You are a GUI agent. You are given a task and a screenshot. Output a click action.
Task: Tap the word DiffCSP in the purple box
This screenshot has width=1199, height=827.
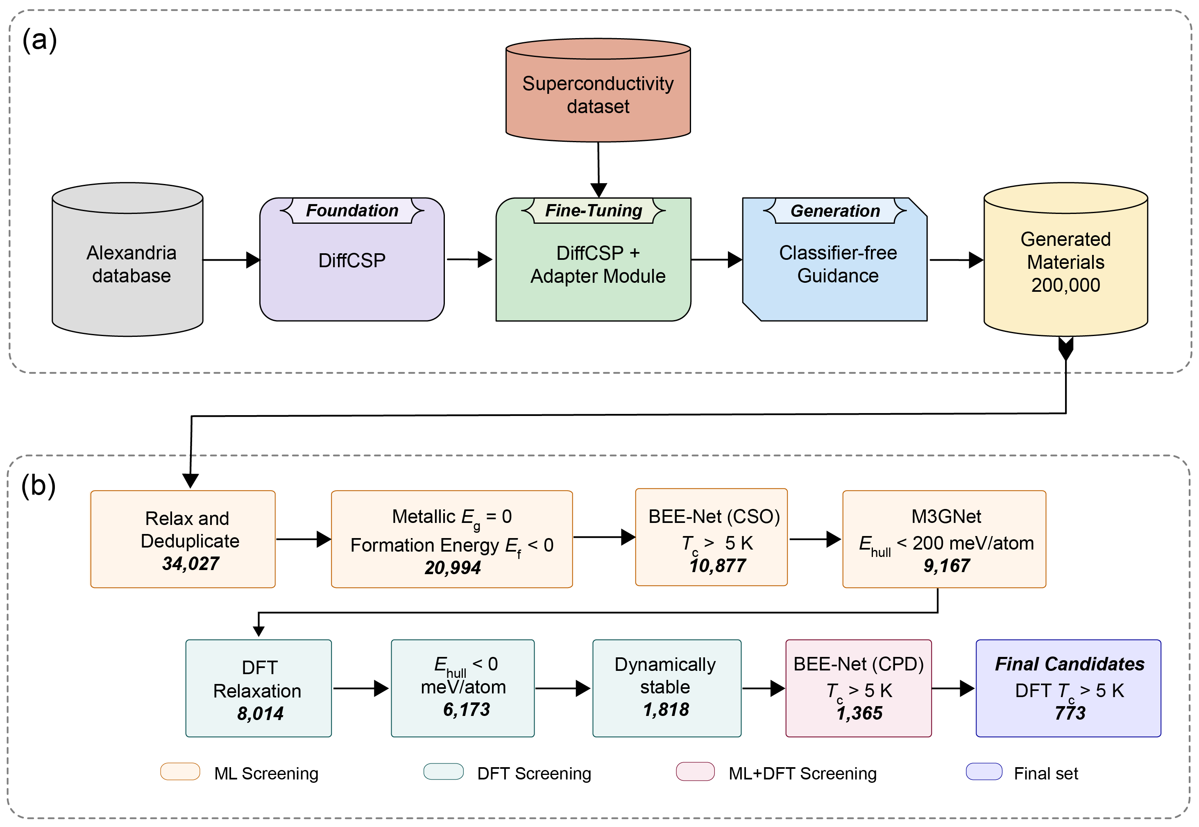pos(352,260)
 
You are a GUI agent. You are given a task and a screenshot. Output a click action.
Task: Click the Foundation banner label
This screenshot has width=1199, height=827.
pos(352,210)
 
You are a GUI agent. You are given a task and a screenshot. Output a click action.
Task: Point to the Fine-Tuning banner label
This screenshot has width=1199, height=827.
pos(593,210)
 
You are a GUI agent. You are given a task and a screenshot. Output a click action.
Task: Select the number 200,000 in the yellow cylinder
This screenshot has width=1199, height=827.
pos(1065,285)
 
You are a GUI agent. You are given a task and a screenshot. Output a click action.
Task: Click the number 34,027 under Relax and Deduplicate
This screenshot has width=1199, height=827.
pos(190,563)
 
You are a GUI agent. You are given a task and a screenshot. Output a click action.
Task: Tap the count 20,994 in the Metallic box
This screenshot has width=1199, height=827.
pos(452,568)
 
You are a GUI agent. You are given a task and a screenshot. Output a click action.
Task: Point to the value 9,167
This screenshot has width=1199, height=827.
pos(946,565)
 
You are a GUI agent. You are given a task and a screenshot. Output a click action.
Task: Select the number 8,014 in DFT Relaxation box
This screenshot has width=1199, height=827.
pos(260,713)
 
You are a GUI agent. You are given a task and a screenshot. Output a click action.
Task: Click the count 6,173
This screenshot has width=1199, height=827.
pos(466,709)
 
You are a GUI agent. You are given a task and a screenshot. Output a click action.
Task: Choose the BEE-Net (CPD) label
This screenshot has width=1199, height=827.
pos(858,664)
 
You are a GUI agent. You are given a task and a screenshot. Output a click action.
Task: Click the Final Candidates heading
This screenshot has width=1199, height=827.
pos(1069,664)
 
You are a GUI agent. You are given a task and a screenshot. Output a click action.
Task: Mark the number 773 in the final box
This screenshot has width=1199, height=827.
pos(1070,713)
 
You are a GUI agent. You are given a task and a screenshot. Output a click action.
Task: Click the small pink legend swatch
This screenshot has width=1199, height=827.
pos(695,771)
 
